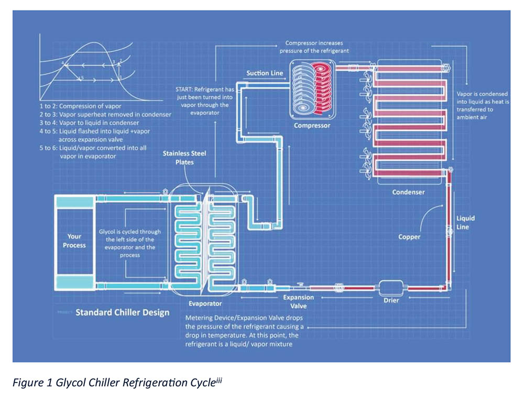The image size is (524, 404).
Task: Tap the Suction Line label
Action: pyautogui.click(x=265, y=73)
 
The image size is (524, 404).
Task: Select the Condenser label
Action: pyautogui.click(x=408, y=192)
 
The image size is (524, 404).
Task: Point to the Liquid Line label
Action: pyautogui.click(x=465, y=223)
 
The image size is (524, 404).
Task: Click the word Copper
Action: pyautogui.click(x=409, y=237)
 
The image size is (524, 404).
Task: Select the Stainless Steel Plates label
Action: pyautogui.click(x=191, y=158)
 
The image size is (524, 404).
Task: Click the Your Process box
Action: pyautogui.click(x=74, y=241)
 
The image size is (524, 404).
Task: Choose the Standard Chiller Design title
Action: pyautogui.click(x=122, y=313)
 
